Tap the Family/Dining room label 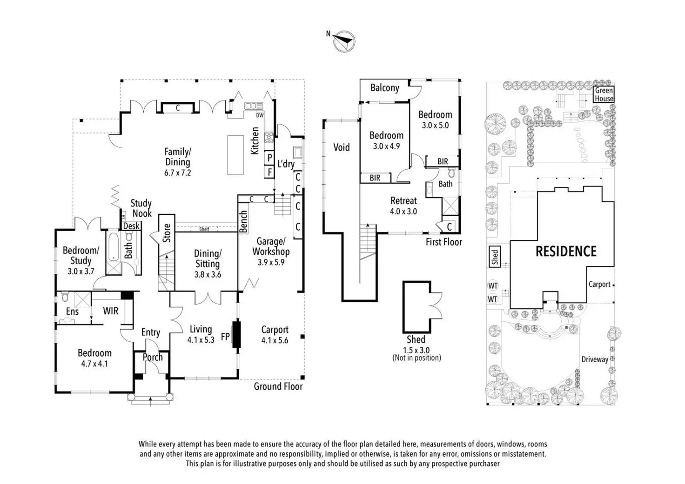click(x=177, y=162)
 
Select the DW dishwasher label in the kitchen click(x=260, y=115)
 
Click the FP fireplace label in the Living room click(x=225, y=337)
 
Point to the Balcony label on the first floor click(x=385, y=88)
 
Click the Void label click(x=341, y=147)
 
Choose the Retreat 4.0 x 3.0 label click(x=403, y=206)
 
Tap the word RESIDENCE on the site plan click(x=566, y=251)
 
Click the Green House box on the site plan click(x=604, y=94)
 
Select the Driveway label click(x=595, y=359)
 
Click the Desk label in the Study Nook click(x=131, y=226)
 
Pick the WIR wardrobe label click(x=110, y=311)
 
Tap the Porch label click(x=153, y=357)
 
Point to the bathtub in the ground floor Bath click(x=114, y=247)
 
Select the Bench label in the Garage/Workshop click(x=243, y=222)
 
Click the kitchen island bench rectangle click(x=235, y=155)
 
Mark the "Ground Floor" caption click(x=278, y=386)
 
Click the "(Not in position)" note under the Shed click(x=416, y=358)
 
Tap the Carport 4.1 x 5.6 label click(x=275, y=335)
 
